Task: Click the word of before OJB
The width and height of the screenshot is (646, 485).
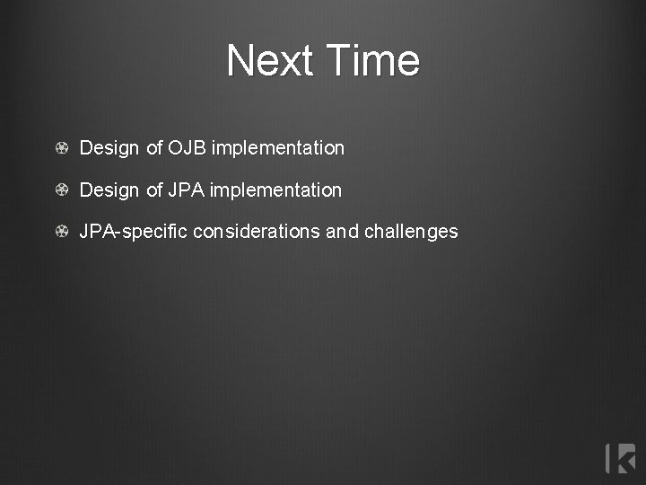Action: (x=153, y=148)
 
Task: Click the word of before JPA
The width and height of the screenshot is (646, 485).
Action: (x=153, y=190)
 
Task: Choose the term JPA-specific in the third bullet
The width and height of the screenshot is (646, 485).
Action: (x=134, y=232)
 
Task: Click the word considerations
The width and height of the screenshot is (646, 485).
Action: (x=257, y=232)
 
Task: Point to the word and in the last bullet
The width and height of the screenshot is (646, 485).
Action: (x=342, y=232)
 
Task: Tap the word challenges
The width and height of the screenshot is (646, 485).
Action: (x=411, y=232)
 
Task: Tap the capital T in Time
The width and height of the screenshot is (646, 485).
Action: (x=338, y=61)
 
